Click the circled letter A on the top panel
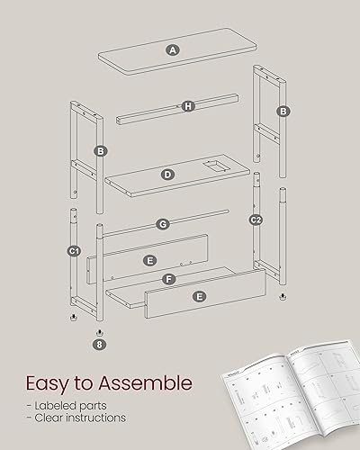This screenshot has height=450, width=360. coord(172,49)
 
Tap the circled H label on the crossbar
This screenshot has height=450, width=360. coord(188,107)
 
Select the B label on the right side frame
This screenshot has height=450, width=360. coord(283,112)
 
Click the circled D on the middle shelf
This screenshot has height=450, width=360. coord(167,174)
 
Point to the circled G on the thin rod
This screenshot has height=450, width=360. coord(163,223)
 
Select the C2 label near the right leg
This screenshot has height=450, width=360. coord(256,220)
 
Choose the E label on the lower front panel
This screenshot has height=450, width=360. coord(200,296)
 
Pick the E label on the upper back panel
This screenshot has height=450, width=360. coord(149,259)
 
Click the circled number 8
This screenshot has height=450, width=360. coord(99,343)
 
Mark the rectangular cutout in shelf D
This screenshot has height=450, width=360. coord(214,166)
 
